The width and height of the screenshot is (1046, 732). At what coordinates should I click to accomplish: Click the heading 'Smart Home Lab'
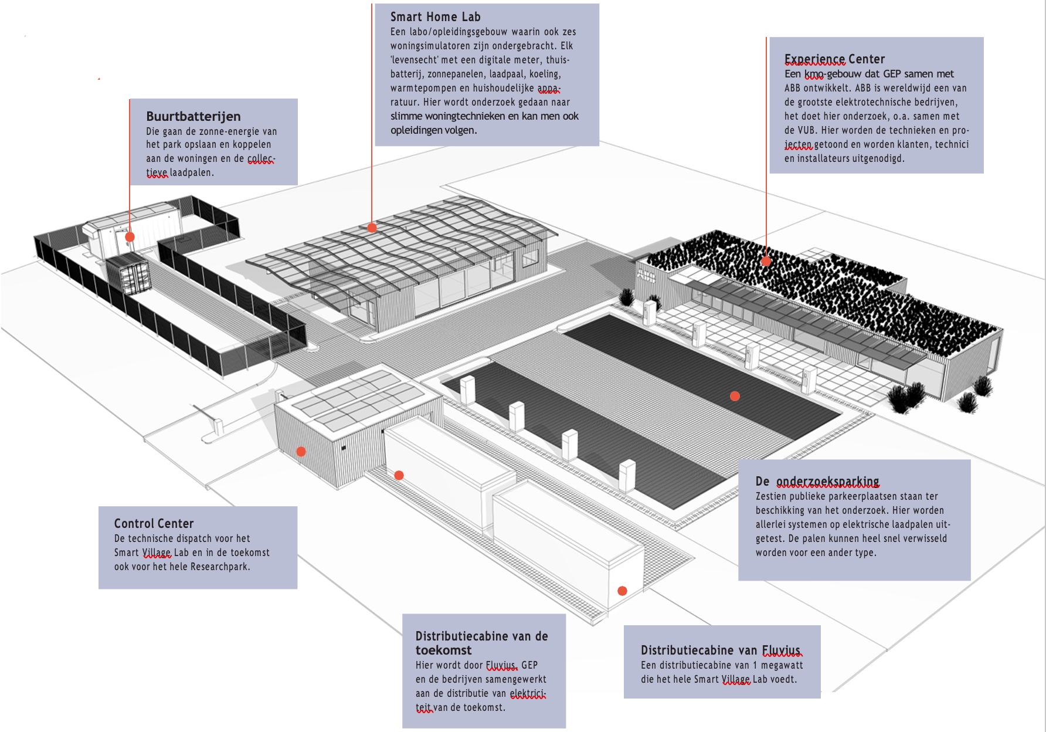coord(435,17)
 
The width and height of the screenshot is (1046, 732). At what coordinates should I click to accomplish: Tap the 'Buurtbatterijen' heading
coord(193,116)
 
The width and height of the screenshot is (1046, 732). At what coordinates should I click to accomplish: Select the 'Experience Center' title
coord(834,59)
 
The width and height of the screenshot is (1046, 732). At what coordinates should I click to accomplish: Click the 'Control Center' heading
coord(154,523)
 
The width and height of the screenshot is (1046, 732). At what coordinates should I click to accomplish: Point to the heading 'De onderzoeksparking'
coord(817,482)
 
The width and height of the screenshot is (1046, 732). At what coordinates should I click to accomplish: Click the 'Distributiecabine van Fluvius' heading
coord(720,650)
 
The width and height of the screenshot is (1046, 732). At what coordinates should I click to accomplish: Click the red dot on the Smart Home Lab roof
coord(372,228)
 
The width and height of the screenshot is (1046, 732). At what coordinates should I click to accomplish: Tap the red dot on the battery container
coord(130,237)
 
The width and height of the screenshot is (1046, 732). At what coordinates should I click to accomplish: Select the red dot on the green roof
coord(766,261)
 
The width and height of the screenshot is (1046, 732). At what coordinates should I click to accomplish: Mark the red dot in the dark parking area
coord(735,396)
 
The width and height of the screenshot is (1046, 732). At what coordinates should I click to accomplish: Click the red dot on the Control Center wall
coord(301,452)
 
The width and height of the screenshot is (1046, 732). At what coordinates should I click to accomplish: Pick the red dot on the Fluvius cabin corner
coord(623,591)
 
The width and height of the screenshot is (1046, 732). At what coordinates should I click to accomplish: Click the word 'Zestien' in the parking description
coord(770,496)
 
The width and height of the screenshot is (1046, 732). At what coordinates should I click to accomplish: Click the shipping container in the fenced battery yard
coord(128,273)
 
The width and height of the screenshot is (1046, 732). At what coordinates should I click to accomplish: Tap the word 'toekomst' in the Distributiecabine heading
coord(443,650)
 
